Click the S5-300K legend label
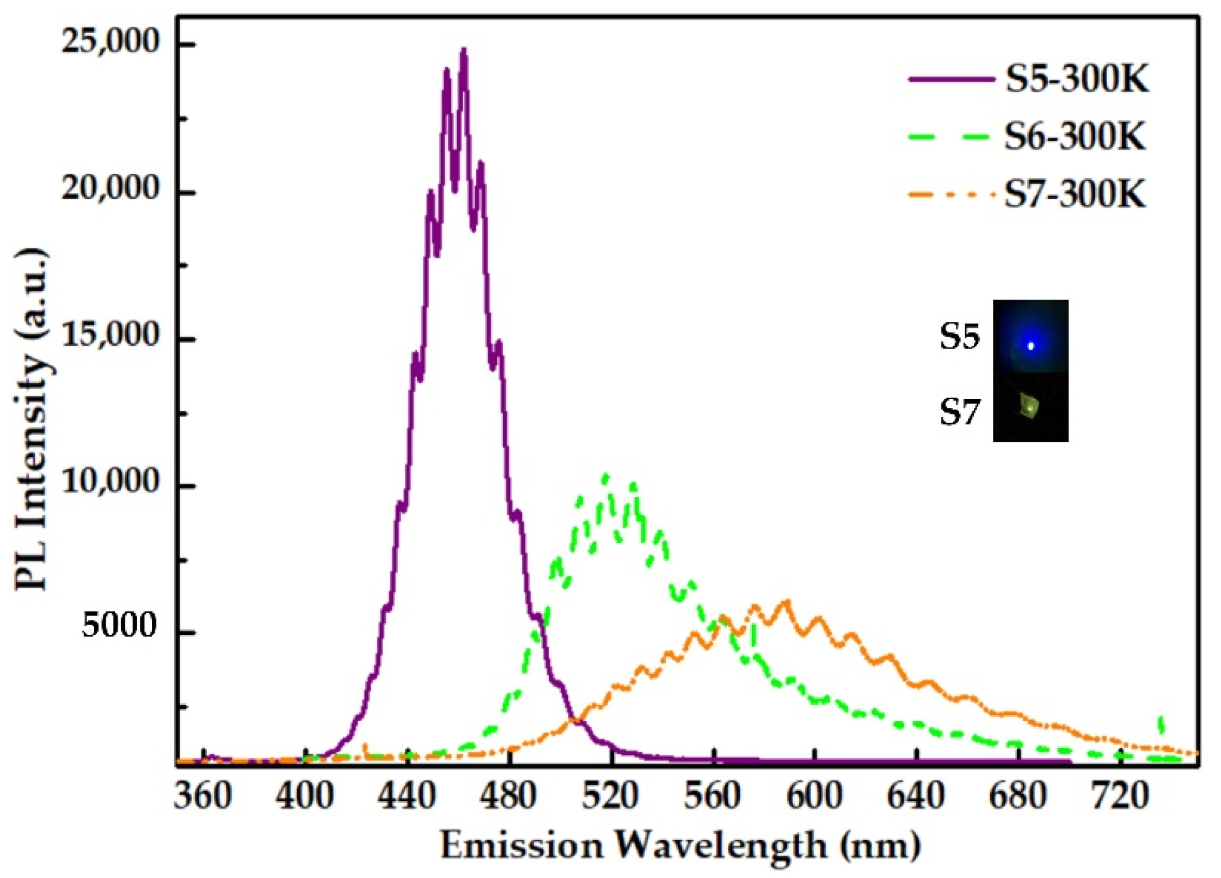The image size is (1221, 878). click(1076, 81)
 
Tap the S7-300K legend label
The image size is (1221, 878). click(1075, 194)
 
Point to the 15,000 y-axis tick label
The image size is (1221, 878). click(109, 336)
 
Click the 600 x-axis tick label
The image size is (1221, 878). click(814, 796)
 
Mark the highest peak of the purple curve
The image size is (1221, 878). click(464, 50)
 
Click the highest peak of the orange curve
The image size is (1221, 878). click(786, 602)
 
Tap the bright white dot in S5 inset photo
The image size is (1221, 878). click(1030, 345)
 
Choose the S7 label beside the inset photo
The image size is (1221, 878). click(959, 412)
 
